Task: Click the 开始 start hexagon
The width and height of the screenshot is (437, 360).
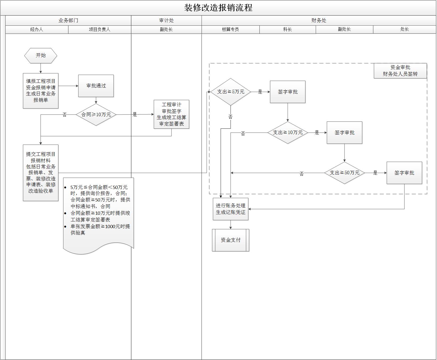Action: pos(41,55)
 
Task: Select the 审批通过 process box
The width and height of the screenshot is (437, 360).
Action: pos(96,86)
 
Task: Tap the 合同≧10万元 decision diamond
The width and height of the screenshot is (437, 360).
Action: pos(96,115)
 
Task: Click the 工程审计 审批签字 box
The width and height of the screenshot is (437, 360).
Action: pos(171,114)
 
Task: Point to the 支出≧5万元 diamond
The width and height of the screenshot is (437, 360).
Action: pos(231,92)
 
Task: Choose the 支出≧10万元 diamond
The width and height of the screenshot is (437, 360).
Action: pos(288,132)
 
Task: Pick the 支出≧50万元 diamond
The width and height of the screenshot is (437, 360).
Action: pos(344,173)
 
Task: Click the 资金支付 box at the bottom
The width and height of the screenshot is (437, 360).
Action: pos(231,240)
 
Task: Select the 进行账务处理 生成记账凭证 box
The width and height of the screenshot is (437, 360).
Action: pos(231,209)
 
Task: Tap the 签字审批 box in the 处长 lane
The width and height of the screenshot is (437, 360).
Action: pos(404,173)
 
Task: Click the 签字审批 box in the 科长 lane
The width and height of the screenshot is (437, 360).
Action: pos(288,92)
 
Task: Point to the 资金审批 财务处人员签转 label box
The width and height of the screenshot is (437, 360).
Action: pos(400,71)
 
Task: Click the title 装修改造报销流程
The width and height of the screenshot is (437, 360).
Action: pos(218,8)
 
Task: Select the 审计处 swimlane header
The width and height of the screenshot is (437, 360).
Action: pos(166,21)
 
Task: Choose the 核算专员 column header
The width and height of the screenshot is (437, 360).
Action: pos(230,30)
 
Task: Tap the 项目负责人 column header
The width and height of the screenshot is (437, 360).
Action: pos(99,30)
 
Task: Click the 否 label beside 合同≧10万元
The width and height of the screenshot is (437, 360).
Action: pos(65,115)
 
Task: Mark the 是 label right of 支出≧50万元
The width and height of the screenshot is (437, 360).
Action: pos(375,173)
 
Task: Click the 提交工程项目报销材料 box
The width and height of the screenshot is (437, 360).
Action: pos(41,173)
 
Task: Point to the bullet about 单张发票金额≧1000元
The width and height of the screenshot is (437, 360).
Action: pos(100,229)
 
